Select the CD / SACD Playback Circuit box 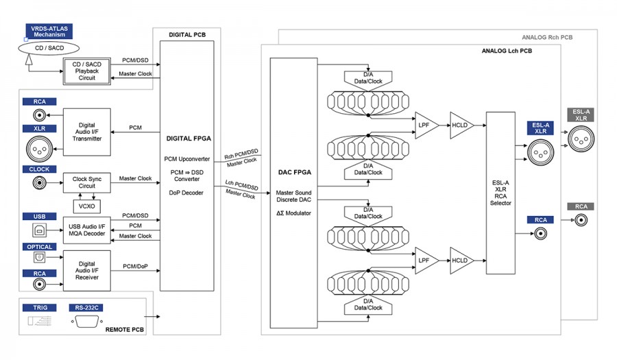click(x=87, y=69)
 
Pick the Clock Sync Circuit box click(x=87, y=182)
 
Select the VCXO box click(x=87, y=205)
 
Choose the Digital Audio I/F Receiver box click(x=87, y=270)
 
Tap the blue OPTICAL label click(x=39, y=247)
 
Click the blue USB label click(x=39, y=217)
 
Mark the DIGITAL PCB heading click(x=187, y=34)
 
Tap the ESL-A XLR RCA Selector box click(x=500, y=192)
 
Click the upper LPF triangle click(x=425, y=125)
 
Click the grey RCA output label click(x=580, y=206)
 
